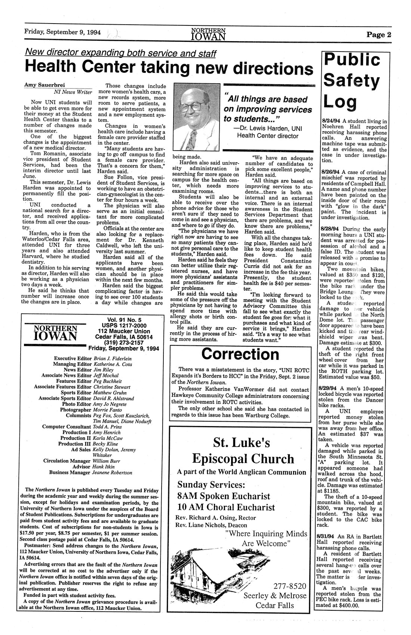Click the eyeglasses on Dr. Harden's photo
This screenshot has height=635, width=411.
coord(191,108)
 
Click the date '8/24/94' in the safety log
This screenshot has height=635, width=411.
coord(331,121)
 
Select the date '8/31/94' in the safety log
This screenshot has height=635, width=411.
coord(331,536)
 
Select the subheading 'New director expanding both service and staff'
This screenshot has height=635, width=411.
coord(121,53)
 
